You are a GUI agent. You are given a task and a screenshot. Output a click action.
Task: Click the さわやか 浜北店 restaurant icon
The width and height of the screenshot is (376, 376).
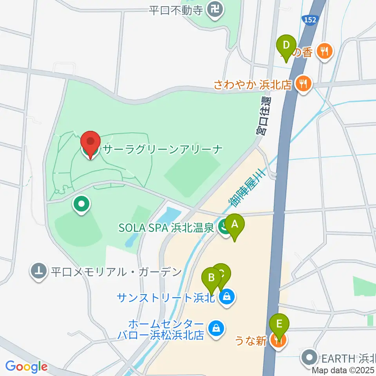coord(303,83)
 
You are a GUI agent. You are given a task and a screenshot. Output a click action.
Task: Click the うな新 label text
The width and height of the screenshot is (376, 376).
coord(251,341)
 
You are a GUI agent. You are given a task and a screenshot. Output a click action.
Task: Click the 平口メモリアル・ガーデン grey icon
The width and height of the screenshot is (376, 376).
coord(39,271)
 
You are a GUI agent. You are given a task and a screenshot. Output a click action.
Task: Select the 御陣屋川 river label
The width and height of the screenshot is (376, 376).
coord(248,186)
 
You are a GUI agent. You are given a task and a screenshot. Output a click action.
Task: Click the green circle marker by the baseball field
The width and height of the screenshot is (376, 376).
coord(81,204)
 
